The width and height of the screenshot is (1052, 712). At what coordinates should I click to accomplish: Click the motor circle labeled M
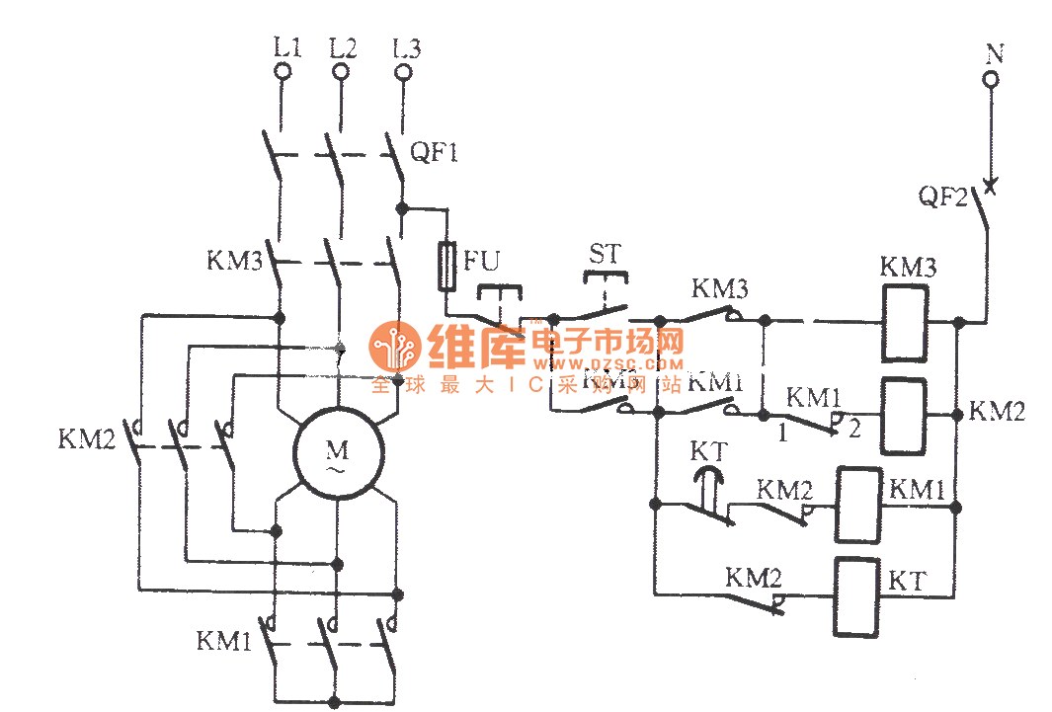pos(338,454)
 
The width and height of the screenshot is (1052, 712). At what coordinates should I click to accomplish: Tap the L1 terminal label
pos(286,46)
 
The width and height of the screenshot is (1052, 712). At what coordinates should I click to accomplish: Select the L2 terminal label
pos(343,46)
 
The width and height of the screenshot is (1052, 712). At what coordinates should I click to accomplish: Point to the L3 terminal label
pos(406,46)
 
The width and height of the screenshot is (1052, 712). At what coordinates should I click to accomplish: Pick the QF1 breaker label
pos(435,153)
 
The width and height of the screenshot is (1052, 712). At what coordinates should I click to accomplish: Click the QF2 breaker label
pos(942,197)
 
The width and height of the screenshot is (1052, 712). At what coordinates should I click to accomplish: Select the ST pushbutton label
pos(606,254)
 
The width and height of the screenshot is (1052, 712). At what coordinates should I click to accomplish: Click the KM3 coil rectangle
pos(905,323)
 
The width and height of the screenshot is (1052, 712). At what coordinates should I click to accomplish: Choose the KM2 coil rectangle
pos(905,416)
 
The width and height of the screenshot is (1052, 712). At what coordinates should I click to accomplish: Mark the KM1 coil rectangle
pos(857,505)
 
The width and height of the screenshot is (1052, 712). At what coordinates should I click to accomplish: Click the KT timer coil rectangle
pos(855,596)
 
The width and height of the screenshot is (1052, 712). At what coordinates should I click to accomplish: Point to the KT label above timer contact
pos(709,452)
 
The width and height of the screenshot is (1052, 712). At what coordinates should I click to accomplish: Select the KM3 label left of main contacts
pos(235,262)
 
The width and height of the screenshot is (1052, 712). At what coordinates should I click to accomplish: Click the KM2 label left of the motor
pos(86,438)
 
